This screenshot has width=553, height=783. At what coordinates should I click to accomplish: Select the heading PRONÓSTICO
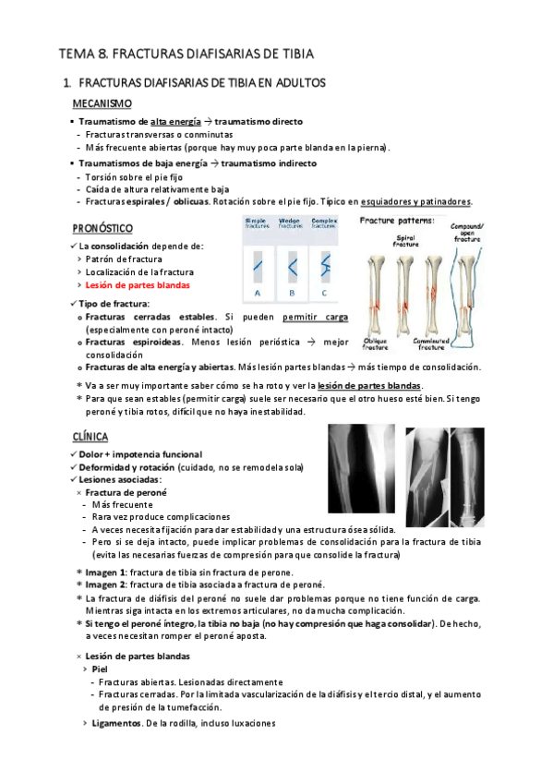pyautogui.click(x=102, y=228)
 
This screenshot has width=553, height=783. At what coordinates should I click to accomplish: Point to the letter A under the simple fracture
pyautogui.click(x=258, y=293)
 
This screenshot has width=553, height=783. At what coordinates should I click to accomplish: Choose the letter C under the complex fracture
pyautogui.click(x=324, y=293)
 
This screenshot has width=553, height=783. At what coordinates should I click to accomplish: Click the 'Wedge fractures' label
pyautogui.click(x=291, y=223)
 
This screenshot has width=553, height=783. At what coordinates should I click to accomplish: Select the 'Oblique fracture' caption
pyautogui.click(x=376, y=343)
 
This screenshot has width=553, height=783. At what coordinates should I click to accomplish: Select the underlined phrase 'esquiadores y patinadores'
pyautogui.click(x=416, y=202)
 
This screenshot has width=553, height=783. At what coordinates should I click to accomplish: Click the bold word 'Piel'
pyautogui.click(x=102, y=669)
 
